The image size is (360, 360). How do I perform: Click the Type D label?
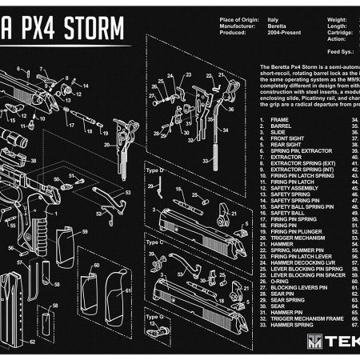point(154,171)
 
